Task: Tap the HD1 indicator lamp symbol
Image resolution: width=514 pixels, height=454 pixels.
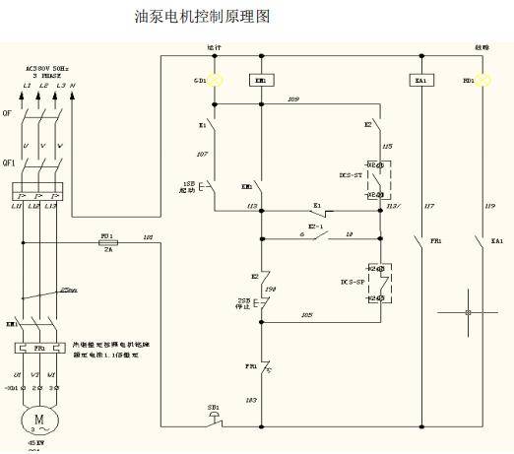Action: pyautogui.click(x=483, y=80)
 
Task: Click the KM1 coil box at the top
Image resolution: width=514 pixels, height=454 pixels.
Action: pyautogui.click(x=260, y=80)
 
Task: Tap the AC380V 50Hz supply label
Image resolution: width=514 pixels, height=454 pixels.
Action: pyautogui.click(x=46, y=70)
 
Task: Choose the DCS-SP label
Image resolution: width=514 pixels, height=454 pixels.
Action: pyautogui.click(x=352, y=283)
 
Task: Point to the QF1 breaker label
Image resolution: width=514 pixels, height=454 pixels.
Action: pyautogui.click(x=10, y=165)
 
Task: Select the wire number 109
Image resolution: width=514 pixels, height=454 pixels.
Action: pyautogui.click(x=292, y=99)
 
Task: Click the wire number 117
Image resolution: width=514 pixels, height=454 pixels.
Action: pyautogui.click(x=428, y=206)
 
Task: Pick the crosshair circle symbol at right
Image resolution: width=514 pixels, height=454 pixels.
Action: pyautogui.click(x=468, y=314)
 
